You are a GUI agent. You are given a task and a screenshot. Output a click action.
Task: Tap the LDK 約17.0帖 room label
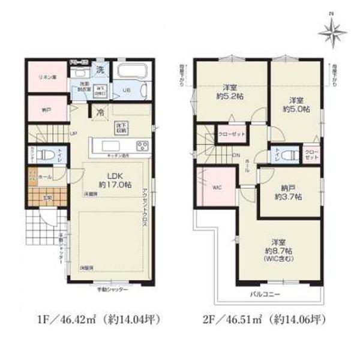[110, 181]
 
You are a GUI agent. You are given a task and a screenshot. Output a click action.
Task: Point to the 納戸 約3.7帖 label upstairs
[289, 191]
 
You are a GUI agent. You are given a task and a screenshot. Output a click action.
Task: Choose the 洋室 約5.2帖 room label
[229, 92]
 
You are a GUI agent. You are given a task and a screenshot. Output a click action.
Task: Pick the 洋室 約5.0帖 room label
[296, 104]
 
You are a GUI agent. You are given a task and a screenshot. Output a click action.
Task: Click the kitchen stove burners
[142, 146]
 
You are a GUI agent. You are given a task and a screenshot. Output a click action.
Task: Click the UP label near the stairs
[73, 133]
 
